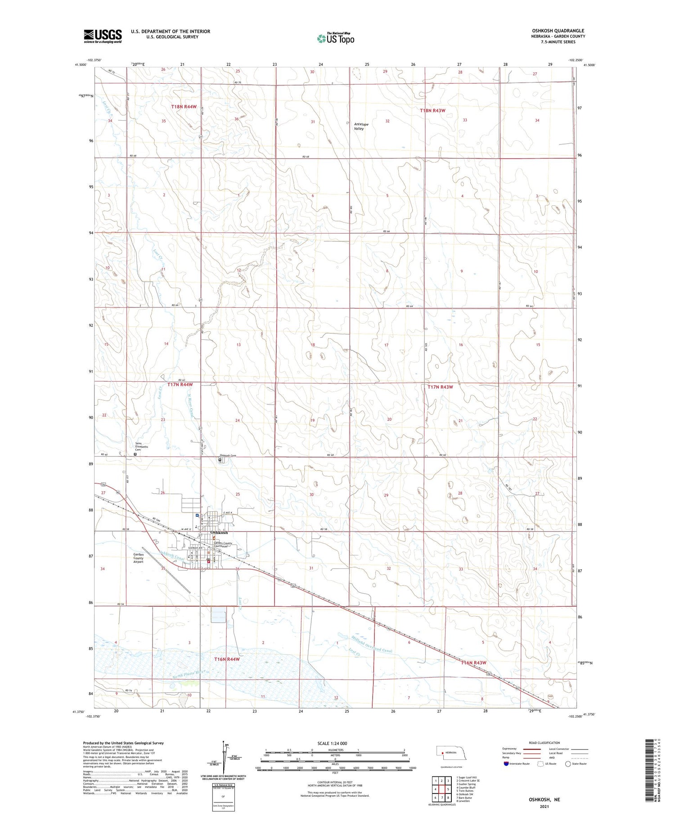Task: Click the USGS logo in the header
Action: [103, 36]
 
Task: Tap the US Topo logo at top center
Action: [335, 39]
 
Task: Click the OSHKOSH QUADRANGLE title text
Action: [558, 31]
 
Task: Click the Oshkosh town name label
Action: [219, 533]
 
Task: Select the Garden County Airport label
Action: [138, 558]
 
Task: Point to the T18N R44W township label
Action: [184, 107]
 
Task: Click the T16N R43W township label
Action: [473, 663]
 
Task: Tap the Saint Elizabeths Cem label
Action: [141, 447]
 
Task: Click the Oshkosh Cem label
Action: [227, 456]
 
